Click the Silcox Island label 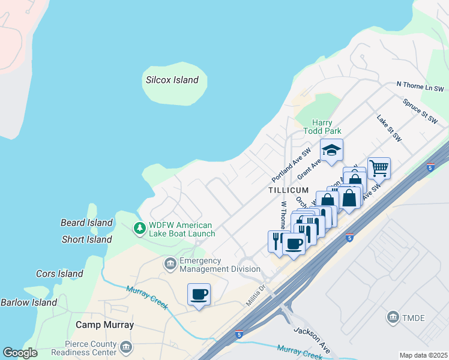coord(172,80)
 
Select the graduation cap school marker coord(331,151)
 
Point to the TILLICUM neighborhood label coord(289,190)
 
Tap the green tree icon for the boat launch coord(139,228)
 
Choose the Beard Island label coord(86,223)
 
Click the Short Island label coord(86,239)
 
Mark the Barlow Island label coord(29,302)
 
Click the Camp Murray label coord(104,325)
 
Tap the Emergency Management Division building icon coord(170,263)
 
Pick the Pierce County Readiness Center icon coord(126,347)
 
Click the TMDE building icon coord(393,316)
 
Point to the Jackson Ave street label coord(312,340)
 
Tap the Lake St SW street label coord(389,129)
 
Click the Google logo coord(20,353)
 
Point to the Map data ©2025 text coord(423,355)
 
